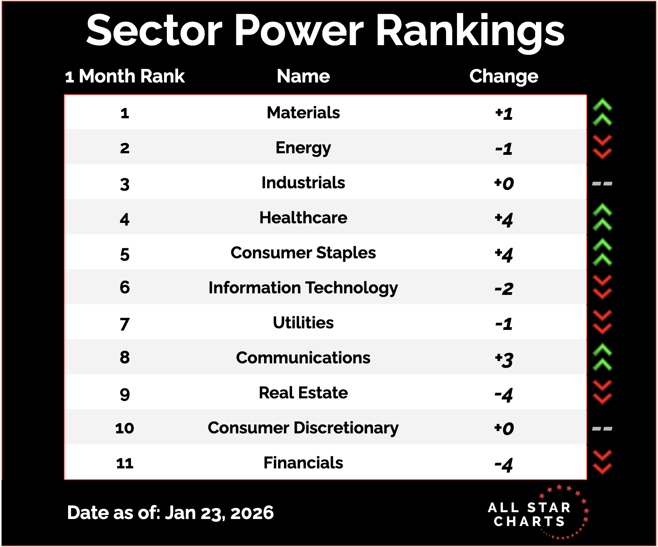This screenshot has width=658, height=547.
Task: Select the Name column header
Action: point(303,76)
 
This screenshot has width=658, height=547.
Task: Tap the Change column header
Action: point(504,76)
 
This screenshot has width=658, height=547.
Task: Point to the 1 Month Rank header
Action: point(125,76)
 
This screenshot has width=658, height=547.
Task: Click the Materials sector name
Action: point(303,113)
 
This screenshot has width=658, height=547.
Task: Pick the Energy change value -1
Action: point(504,149)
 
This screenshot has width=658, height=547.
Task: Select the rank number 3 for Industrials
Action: point(124,184)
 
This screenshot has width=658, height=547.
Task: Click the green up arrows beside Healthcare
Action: point(602,217)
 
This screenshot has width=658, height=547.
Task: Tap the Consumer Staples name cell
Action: point(303,253)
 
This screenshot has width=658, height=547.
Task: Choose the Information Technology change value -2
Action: point(504,289)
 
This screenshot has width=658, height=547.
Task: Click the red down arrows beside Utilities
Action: point(602,322)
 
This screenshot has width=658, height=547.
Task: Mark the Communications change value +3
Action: point(504,359)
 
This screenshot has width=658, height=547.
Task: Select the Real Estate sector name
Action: point(303,393)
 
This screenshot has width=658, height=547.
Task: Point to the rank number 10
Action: point(124,428)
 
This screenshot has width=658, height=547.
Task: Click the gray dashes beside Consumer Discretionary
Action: point(602,429)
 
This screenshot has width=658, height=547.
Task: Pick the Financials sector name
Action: point(303,463)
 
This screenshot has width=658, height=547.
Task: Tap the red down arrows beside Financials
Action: point(602,462)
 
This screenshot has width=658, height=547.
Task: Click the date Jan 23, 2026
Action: point(219,513)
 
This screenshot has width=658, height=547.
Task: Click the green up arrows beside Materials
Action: point(602,112)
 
